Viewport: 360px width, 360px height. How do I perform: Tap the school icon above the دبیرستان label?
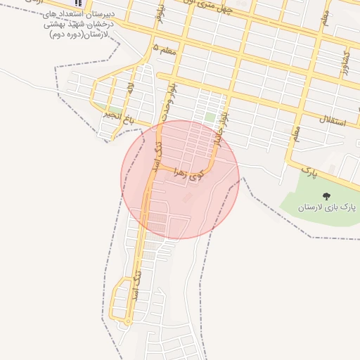[77, 4]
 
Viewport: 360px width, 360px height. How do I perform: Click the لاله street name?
[130, 89]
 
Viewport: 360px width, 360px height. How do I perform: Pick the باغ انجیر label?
[127, 117]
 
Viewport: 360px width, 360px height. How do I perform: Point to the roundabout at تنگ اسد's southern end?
[128, 321]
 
